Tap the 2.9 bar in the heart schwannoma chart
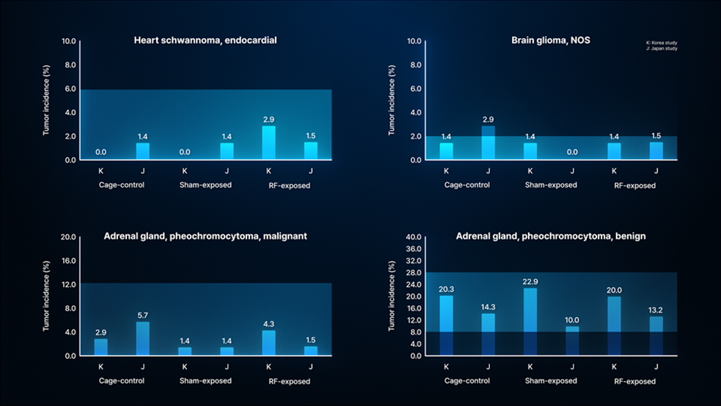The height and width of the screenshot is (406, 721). point(269,143)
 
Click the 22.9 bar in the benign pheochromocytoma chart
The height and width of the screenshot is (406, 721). point(530,322)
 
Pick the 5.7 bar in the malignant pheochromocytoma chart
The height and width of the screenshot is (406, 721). point(143,338)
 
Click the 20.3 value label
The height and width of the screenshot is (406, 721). point(446,289)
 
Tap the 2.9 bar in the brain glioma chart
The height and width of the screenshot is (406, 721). point(488,142)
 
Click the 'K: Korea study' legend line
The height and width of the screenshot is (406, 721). point(661,43)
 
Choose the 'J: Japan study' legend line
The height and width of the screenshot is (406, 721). point(661,49)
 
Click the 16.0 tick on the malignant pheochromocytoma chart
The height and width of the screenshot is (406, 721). point(67,261)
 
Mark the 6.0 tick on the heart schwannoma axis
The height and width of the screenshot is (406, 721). point(70,89)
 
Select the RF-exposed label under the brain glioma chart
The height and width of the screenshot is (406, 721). point(634,186)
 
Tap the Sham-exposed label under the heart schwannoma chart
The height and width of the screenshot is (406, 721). point(205,185)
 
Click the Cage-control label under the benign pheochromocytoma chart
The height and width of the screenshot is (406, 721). point(466,381)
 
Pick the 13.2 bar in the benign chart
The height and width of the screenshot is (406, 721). point(656,336)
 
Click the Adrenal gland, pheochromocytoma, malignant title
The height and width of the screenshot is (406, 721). point(205,236)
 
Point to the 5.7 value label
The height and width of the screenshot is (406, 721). point(143,315)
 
